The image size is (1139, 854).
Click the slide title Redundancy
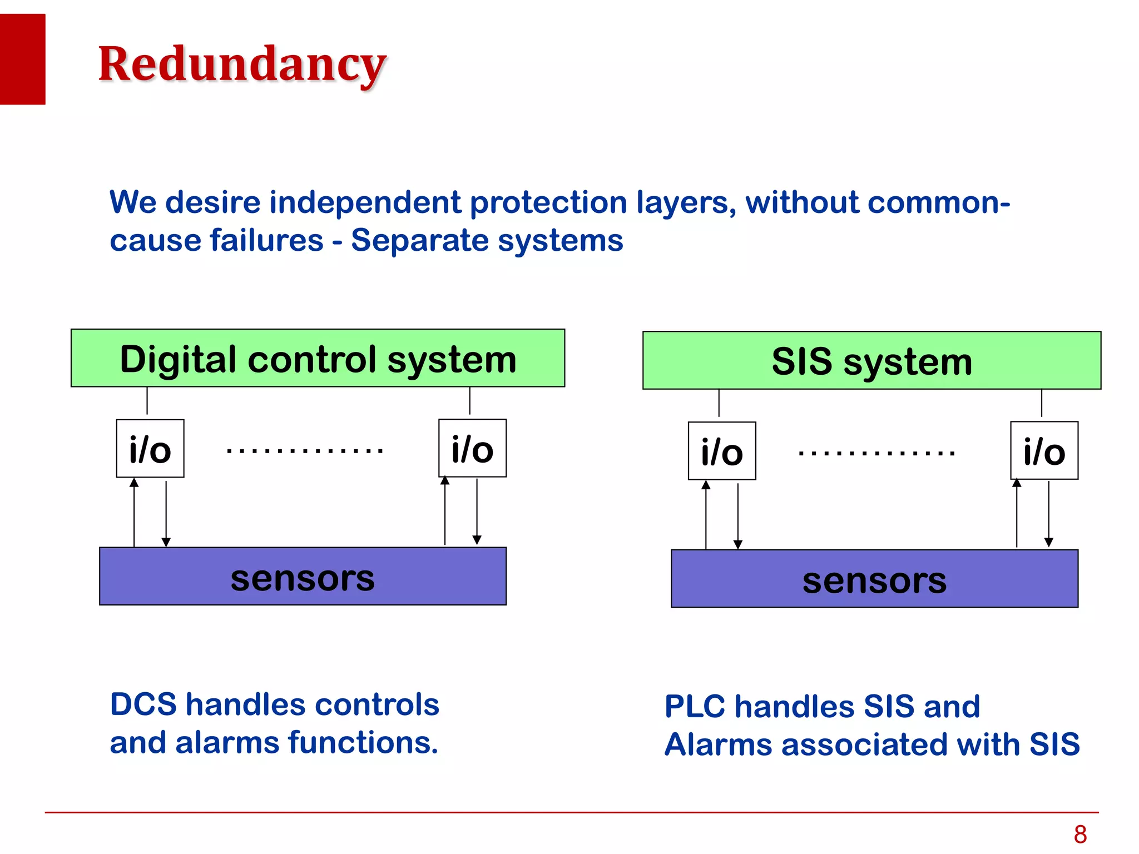(242, 64)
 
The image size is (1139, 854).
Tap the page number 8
(1080, 835)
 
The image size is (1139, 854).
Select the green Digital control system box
(318, 359)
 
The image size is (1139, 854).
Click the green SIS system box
(871, 361)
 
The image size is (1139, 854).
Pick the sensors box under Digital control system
(303, 577)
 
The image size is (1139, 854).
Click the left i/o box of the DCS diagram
(150, 449)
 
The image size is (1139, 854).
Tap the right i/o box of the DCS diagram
(472, 449)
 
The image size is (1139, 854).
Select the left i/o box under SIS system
(722, 451)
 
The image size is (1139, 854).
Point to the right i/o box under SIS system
(1044, 451)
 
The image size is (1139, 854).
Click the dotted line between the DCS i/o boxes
(305, 451)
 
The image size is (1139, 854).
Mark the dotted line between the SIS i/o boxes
(876, 454)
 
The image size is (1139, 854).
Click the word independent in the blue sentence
(365, 202)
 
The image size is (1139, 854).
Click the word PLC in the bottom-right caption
(695, 707)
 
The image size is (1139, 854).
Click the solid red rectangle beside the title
(22, 59)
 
